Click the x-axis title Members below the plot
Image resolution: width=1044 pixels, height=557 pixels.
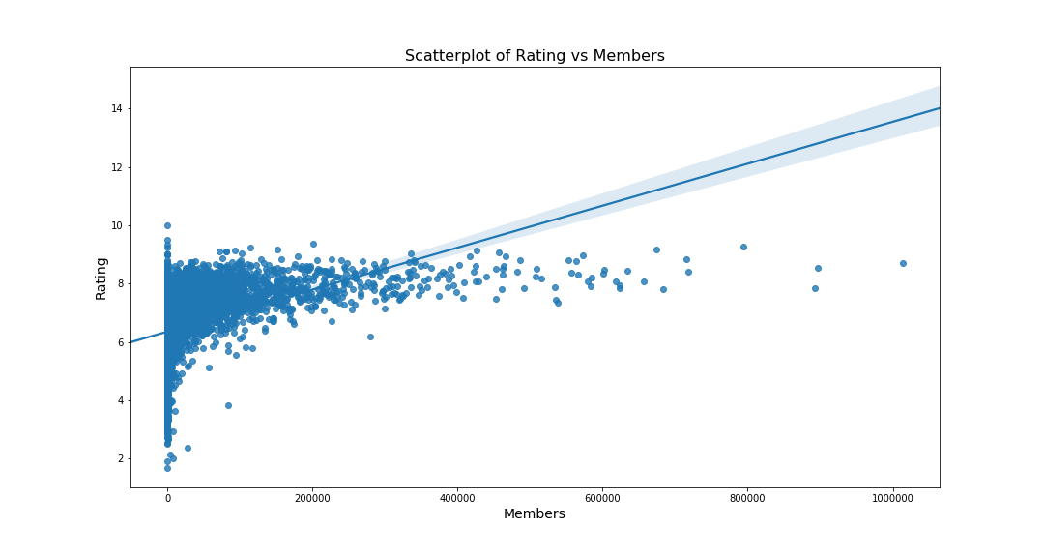(x=535, y=514)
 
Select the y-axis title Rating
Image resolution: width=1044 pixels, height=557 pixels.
(x=101, y=278)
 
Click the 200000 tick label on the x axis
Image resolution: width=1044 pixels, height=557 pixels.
(x=312, y=498)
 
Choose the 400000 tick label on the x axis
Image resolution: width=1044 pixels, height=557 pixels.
(x=457, y=498)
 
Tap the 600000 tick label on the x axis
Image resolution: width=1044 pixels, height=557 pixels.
(x=602, y=498)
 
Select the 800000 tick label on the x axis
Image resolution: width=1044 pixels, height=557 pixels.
(x=747, y=498)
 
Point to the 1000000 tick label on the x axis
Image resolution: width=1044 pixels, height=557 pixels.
(x=892, y=498)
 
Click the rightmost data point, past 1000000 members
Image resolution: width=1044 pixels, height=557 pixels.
(x=903, y=263)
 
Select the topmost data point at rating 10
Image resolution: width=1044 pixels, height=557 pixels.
(x=167, y=225)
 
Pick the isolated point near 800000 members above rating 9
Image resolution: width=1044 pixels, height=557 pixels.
(x=743, y=247)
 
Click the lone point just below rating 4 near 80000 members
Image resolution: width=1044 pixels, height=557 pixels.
(x=228, y=405)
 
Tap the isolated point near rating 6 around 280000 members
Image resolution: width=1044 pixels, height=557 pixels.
(x=370, y=337)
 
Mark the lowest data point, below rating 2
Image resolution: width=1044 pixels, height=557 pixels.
(x=167, y=468)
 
